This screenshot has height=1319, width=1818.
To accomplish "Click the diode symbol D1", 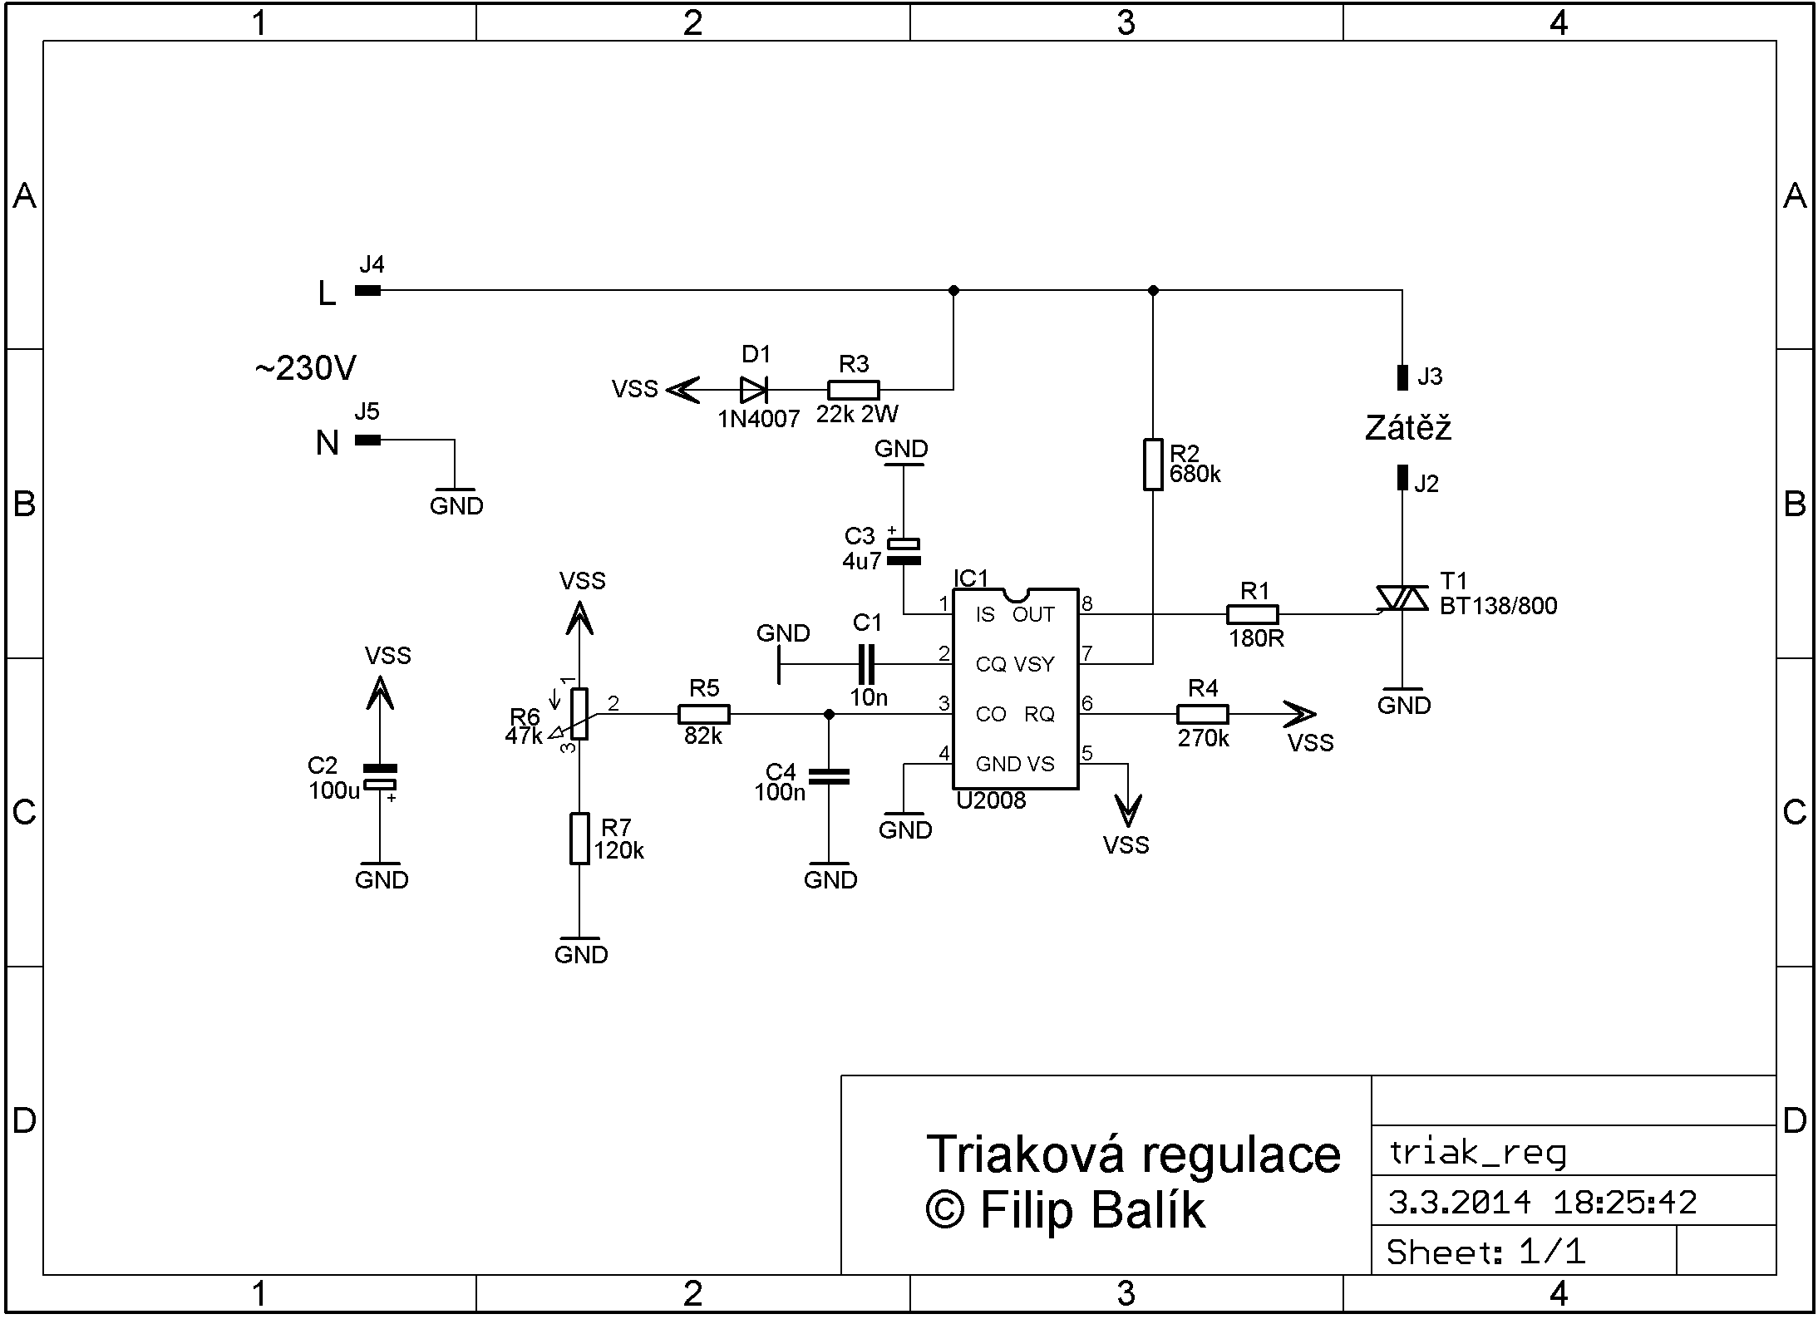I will pyautogui.click(x=753, y=390).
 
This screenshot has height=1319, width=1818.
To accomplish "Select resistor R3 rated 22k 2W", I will pyautogui.click(x=854, y=390).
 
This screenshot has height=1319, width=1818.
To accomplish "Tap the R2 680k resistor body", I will pyautogui.click(x=1153, y=465).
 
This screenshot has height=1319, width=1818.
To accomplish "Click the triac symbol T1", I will pyautogui.click(x=1402, y=599).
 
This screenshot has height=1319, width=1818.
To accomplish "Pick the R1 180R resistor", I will pyautogui.click(x=1253, y=614).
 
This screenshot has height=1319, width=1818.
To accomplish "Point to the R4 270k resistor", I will pyautogui.click(x=1202, y=714).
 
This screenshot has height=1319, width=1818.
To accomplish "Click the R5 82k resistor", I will pyautogui.click(x=704, y=714).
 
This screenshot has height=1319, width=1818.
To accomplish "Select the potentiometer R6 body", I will pyautogui.click(x=579, y=714).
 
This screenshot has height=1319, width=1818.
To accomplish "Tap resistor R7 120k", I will pyautogui.click(x=579, y=839).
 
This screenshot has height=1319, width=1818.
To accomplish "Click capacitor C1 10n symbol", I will pyautogui.click(x=867, y=664).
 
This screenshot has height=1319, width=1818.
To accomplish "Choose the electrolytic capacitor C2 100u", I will pyautogui.click(x=380, y=777).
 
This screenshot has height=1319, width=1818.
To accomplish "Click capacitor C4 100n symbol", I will pyautogui.click(x=829, y=777).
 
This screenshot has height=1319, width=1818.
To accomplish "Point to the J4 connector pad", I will pyautogui.click(x=367, y=290).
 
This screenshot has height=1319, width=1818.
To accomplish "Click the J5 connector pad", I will pyautogui.click(x=367, y=440).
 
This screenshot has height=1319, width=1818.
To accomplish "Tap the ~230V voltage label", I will pyautogui.click(x=305, y=368).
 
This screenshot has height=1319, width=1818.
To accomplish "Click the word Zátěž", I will pyautogui.click(x=1408, y=428).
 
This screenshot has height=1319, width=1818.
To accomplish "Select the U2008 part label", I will pyautogui.click(x=991, y=800).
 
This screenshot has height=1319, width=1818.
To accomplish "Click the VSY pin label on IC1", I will pyautogui.click(x=1034, y=664).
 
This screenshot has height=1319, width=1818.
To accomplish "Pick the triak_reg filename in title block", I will pyautogui.click(x=1477, y=1153).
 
